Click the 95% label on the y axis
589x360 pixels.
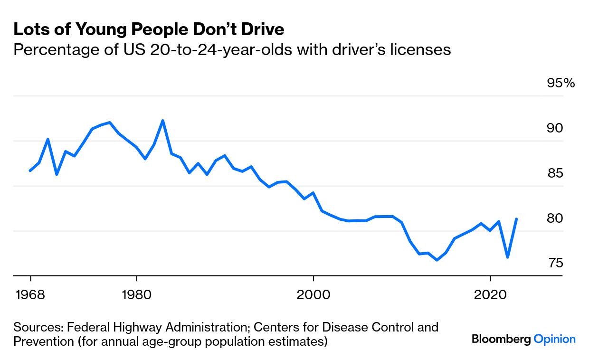point(561,83)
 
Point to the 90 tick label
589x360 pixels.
point(555,128)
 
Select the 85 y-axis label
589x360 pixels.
point(555,173)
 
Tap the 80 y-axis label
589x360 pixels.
point(555,218)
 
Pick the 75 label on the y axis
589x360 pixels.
point(555,263)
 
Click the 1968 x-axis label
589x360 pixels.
point(30,294)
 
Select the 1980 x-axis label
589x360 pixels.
point(136,294)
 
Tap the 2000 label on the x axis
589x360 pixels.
point(313,294)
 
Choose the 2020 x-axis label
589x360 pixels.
point(490,294)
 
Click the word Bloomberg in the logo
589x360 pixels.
point(501,339)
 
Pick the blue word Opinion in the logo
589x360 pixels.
point(554,339)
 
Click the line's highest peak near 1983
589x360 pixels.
point(163,121)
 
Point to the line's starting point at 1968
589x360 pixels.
point(30,171)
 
